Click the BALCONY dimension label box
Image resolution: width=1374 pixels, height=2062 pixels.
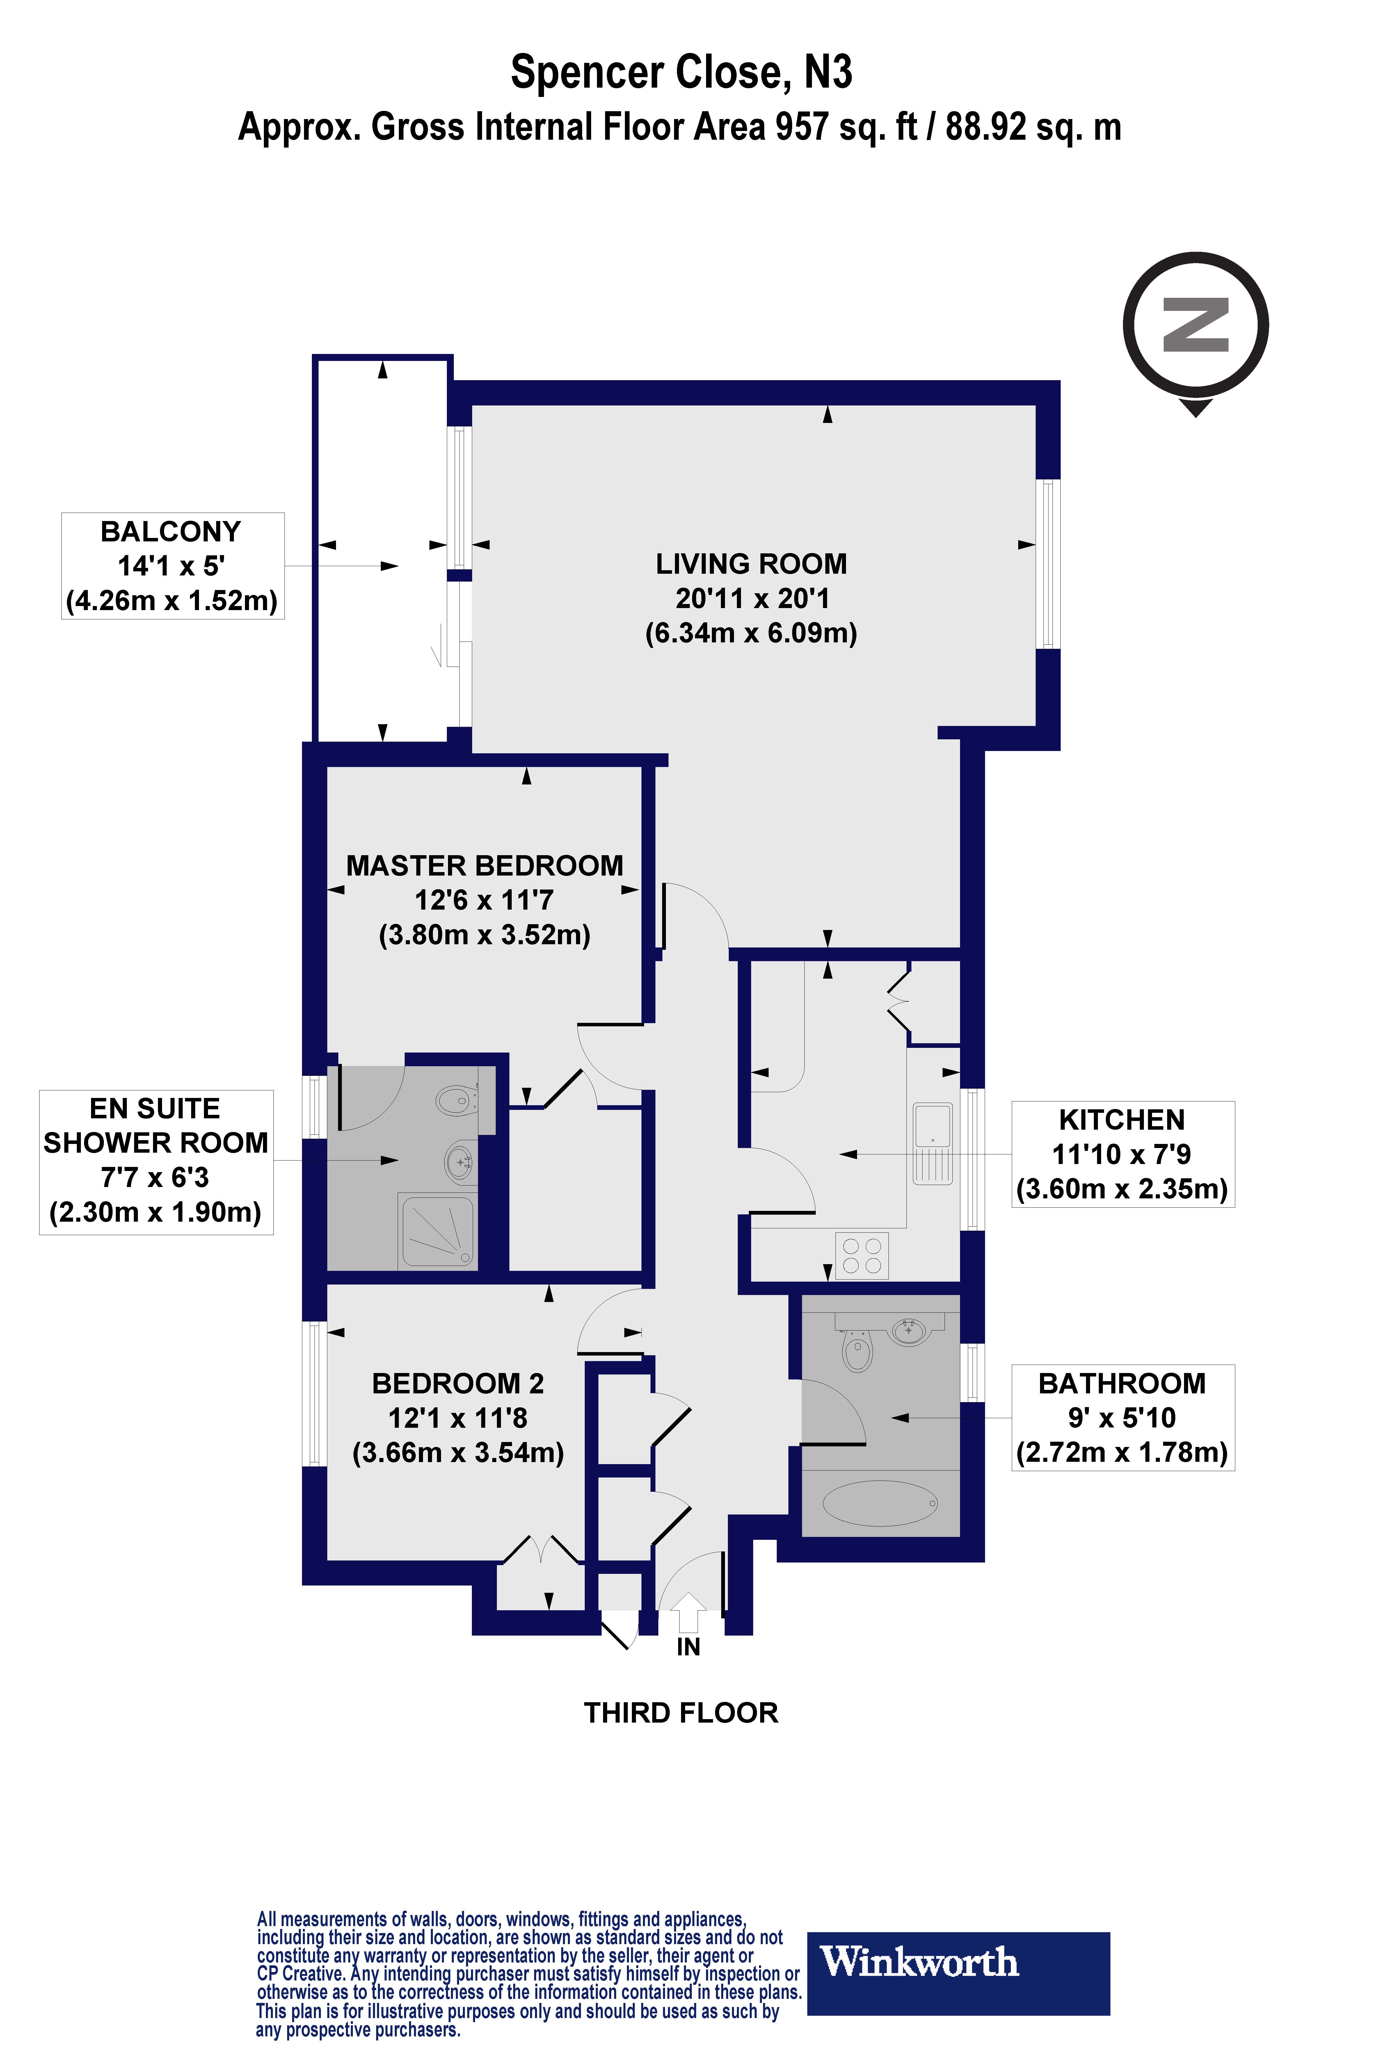(x=173, y=566)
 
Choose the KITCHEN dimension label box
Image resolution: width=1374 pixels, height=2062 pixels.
(x=1123, y=1155)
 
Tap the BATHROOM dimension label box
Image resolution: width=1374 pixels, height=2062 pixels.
(x=1123, y=1418)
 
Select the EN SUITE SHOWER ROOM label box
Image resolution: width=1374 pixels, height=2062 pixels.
(x=156, y=1162)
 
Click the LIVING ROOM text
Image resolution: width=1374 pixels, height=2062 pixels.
(x=751, y=564)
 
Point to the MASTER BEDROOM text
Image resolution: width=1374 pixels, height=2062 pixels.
(x=485, y=865)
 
